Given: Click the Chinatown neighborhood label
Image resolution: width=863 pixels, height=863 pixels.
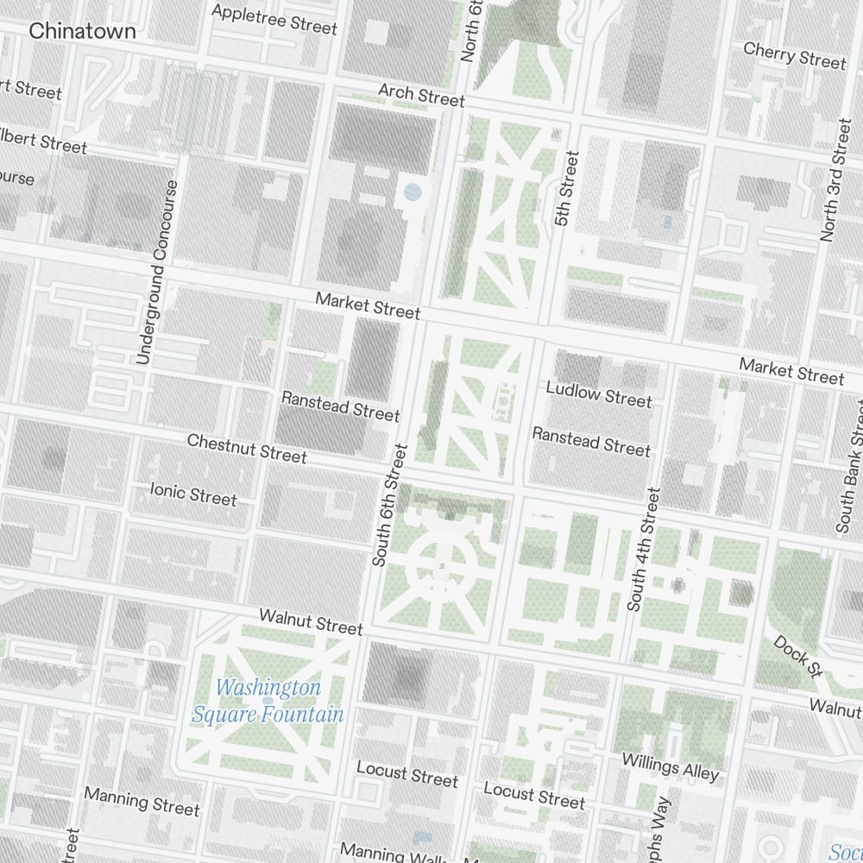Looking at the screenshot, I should (82, 31).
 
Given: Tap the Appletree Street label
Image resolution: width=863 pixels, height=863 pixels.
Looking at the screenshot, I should (274, 19).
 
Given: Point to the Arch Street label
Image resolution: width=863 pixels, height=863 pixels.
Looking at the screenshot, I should (421, 95).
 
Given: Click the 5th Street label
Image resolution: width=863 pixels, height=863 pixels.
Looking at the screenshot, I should (565, 189).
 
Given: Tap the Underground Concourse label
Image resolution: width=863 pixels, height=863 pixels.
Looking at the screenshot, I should (157, 272).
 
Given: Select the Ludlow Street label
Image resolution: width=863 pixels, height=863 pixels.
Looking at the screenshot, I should (599, 394).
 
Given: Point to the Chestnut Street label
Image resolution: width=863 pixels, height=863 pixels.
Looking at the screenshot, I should (247, 448).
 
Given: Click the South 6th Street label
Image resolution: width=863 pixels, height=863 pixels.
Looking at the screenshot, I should (388, 505).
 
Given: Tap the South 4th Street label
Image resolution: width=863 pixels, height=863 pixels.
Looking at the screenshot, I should (644, 550).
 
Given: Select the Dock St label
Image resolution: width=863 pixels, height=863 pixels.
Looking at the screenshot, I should (795, 655).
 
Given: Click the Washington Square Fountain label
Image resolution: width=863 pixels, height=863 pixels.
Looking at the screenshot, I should (268, 701).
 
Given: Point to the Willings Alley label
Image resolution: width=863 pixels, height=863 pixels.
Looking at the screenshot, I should (670, 765).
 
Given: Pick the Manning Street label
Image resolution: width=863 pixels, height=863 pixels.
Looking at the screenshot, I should (142, 801).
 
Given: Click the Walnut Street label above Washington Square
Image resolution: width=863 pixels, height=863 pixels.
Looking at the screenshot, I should (311, 621).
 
